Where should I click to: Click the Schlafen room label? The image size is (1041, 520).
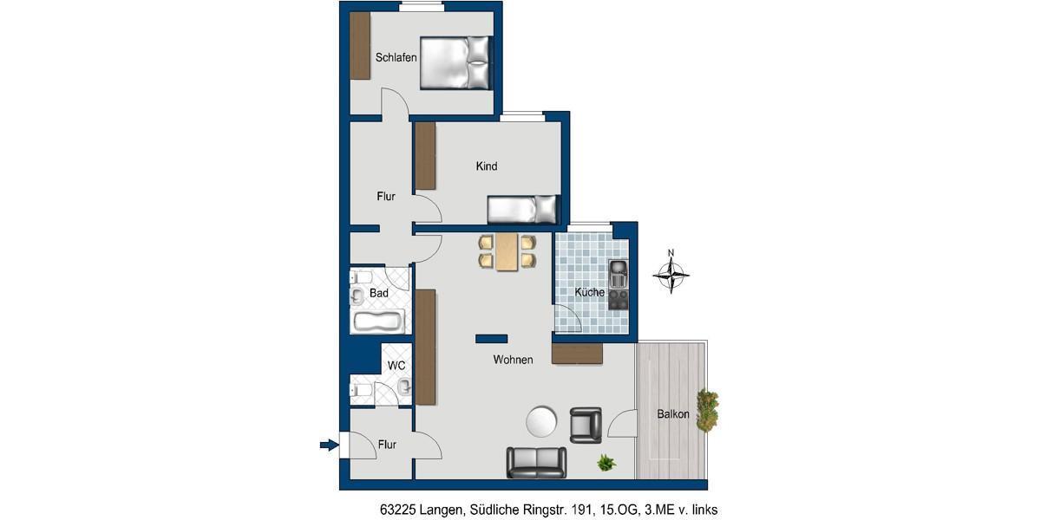click(396, 58)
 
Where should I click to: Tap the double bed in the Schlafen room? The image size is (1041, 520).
click(455, 62)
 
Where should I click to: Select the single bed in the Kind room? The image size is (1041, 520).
click(520, 209)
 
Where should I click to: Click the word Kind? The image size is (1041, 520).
click(487, 166)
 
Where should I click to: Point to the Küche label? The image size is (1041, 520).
click(589, 293)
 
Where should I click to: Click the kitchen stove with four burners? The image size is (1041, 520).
click(619, 300)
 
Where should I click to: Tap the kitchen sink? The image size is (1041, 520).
click(618, 275)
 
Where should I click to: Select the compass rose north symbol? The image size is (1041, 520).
click(671, 275)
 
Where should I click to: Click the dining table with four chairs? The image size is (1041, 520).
click(507, 251)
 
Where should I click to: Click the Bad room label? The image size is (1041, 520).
click(379, 294)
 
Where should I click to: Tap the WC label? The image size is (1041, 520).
click(396, 366)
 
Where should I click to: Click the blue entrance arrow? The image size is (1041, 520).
click(329, 445)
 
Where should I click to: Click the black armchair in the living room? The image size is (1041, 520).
click(586, 425)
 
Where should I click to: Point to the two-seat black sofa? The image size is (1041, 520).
click(536, 463)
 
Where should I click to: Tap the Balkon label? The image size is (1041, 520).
click(673, 414)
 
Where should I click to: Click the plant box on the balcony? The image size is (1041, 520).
click(708, 412)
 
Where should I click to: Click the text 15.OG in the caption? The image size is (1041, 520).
click(604, 510)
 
